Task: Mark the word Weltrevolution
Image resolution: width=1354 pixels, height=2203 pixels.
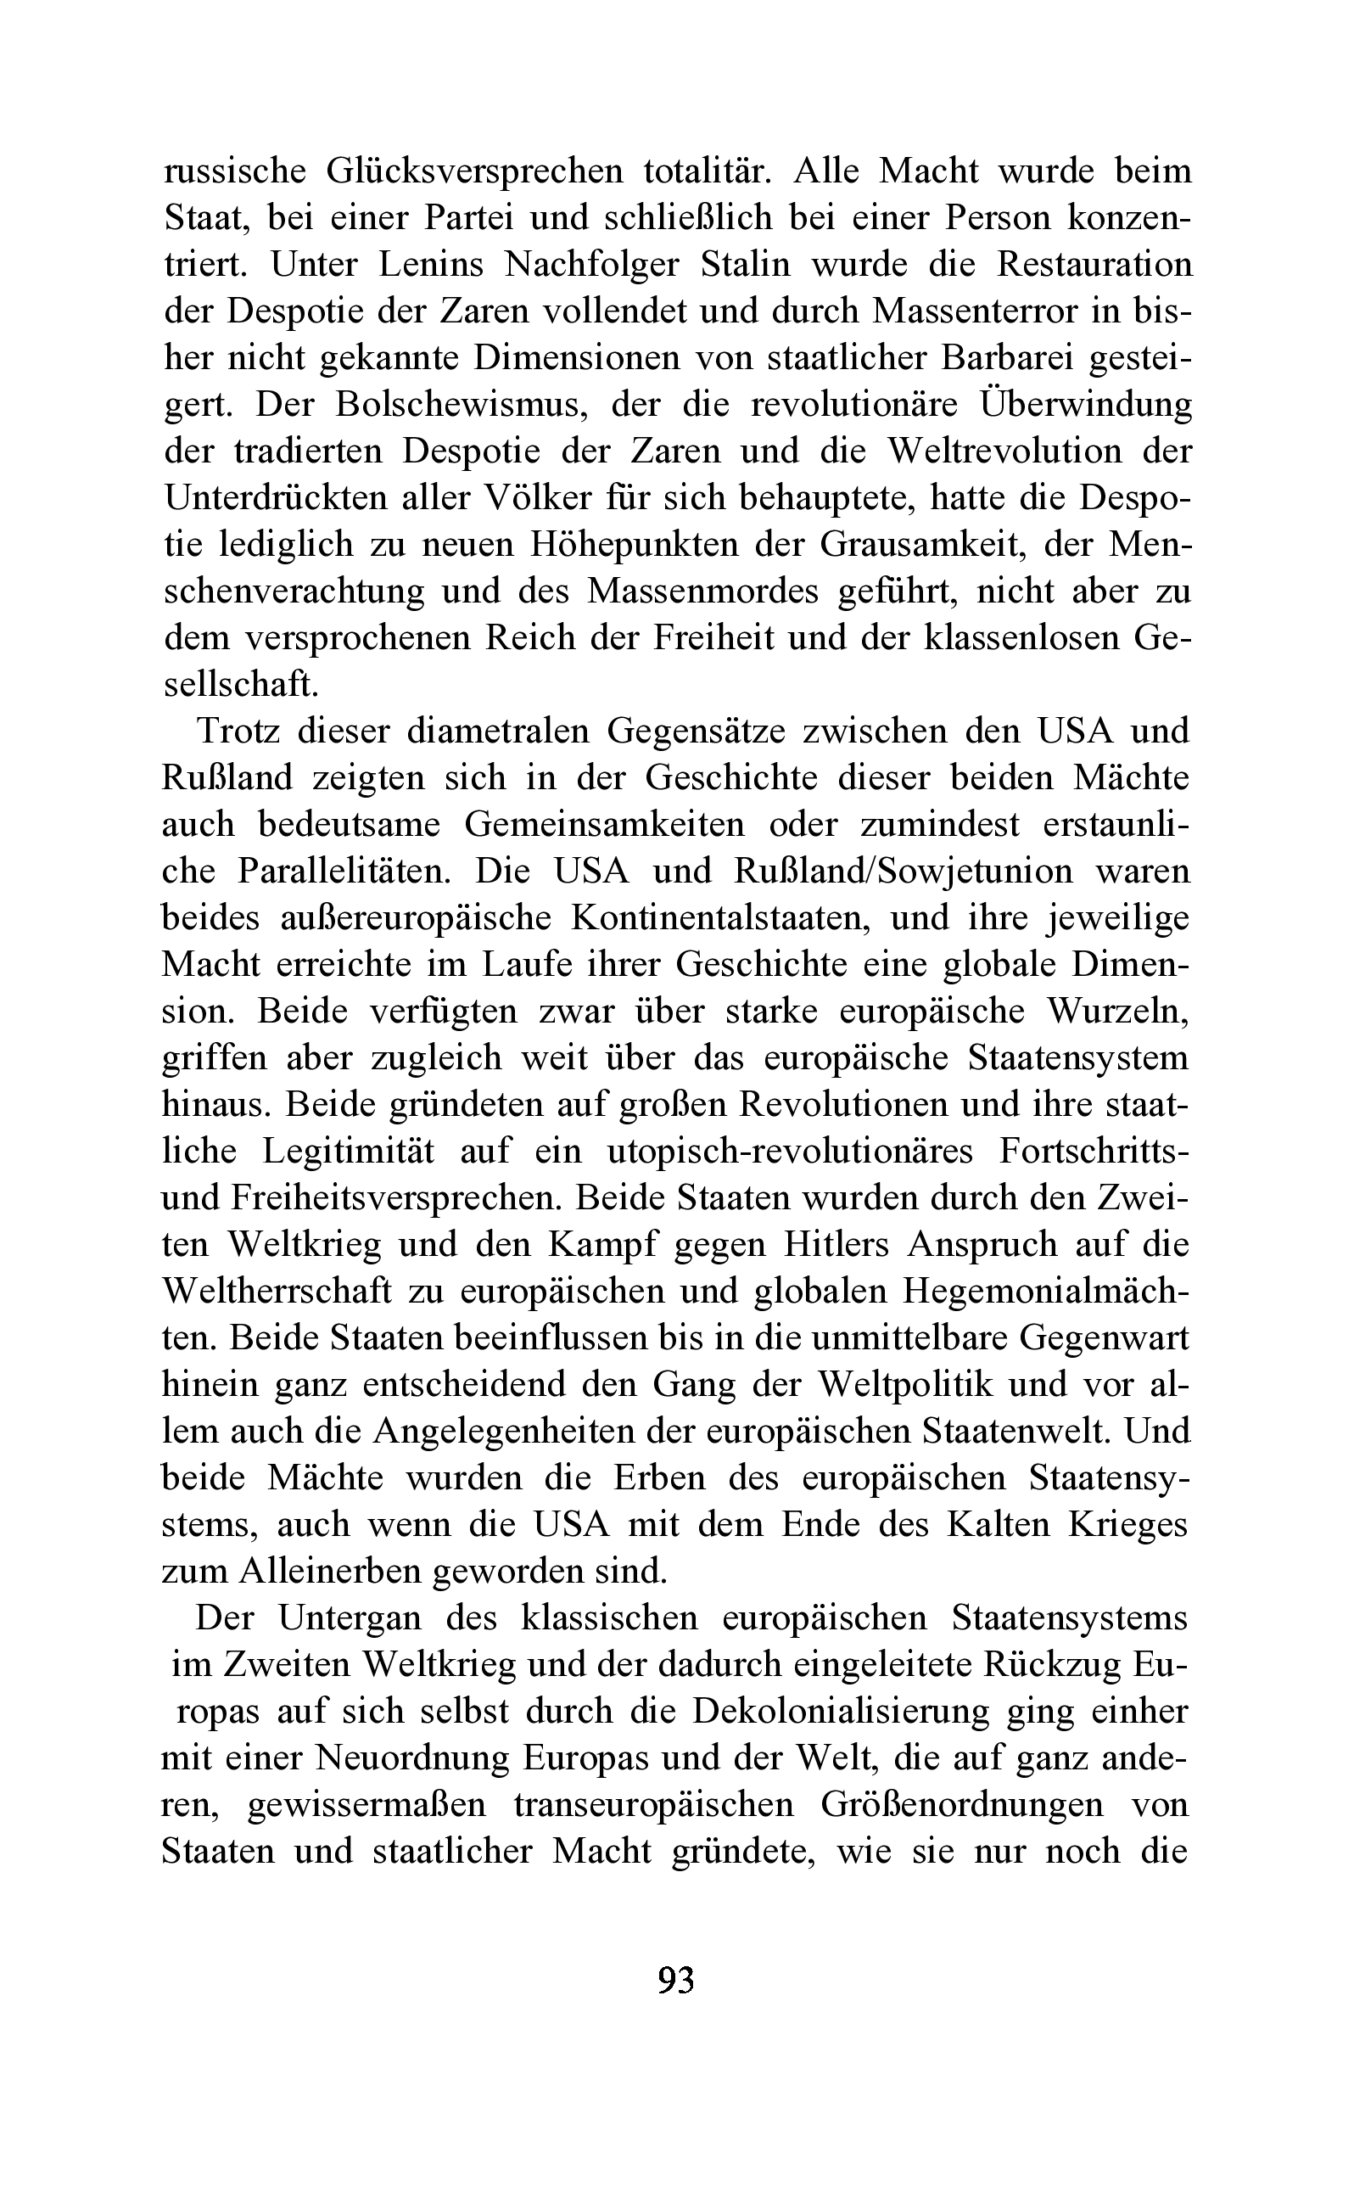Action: [x=1004, y=451]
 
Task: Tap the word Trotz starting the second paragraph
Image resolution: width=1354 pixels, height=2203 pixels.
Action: [x=236, y=731]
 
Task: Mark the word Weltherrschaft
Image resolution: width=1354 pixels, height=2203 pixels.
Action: [x=277, y=1291]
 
